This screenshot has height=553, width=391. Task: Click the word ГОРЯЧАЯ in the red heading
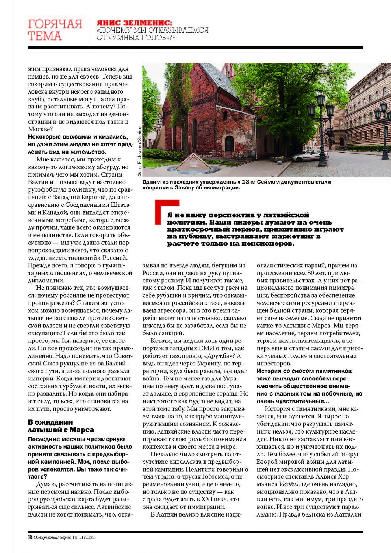(55, 24)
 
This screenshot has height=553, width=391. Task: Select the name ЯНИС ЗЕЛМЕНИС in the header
(134, 23)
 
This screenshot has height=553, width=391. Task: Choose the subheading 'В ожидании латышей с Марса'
(61, 426)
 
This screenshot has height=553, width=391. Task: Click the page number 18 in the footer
(31, 537)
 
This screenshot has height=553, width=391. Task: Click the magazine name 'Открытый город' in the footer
(52, 537)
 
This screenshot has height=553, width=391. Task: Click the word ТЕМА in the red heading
(45, 36)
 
